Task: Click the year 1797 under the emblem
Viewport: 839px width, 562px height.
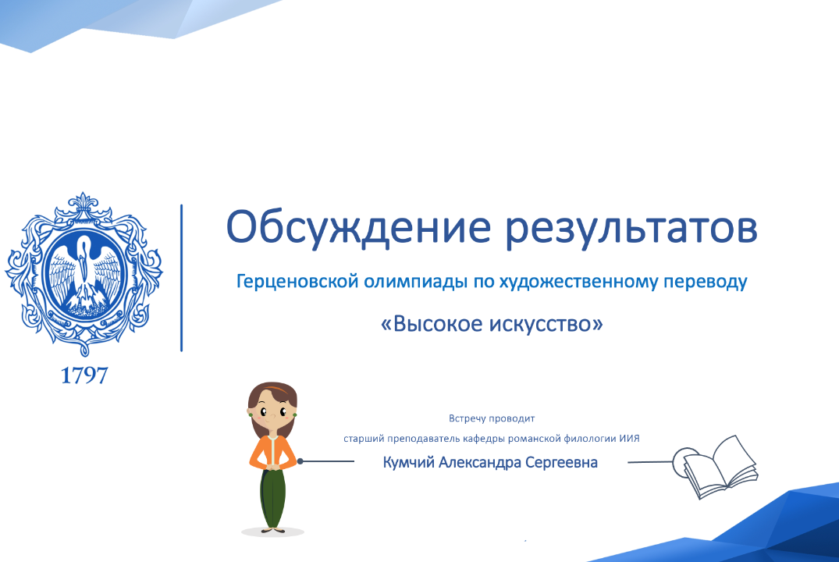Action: [x=84, y=375]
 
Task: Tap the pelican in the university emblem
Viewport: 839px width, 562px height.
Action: [x=84, y=269]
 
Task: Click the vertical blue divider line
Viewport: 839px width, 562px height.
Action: [x=182, y=278]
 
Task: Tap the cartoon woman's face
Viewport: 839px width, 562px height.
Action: [x=272, y=411]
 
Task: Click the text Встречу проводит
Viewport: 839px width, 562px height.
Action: [x=492, y=418]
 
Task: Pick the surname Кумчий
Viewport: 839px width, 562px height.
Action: [x=408, y=462]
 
